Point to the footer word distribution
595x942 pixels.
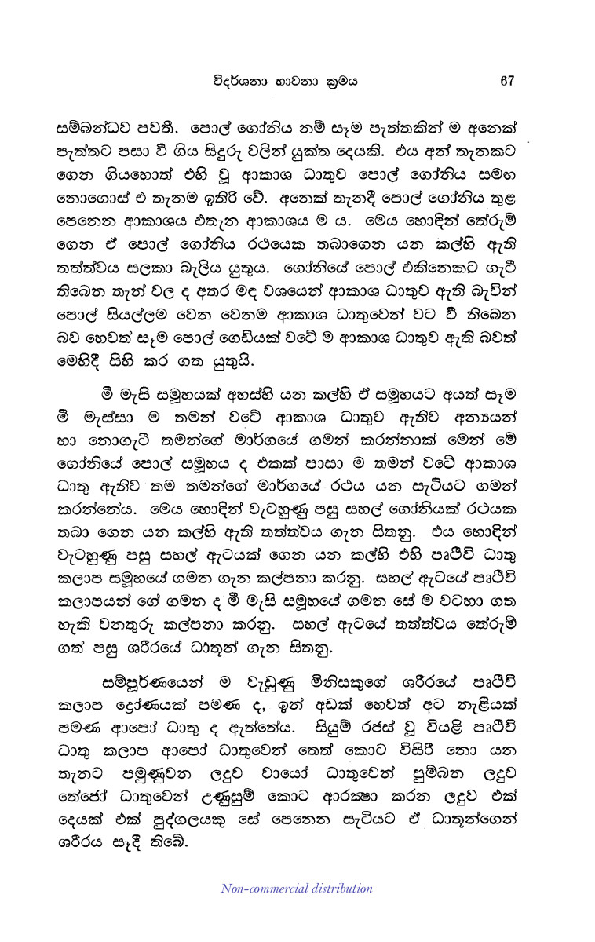click(x=336, y=888)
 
